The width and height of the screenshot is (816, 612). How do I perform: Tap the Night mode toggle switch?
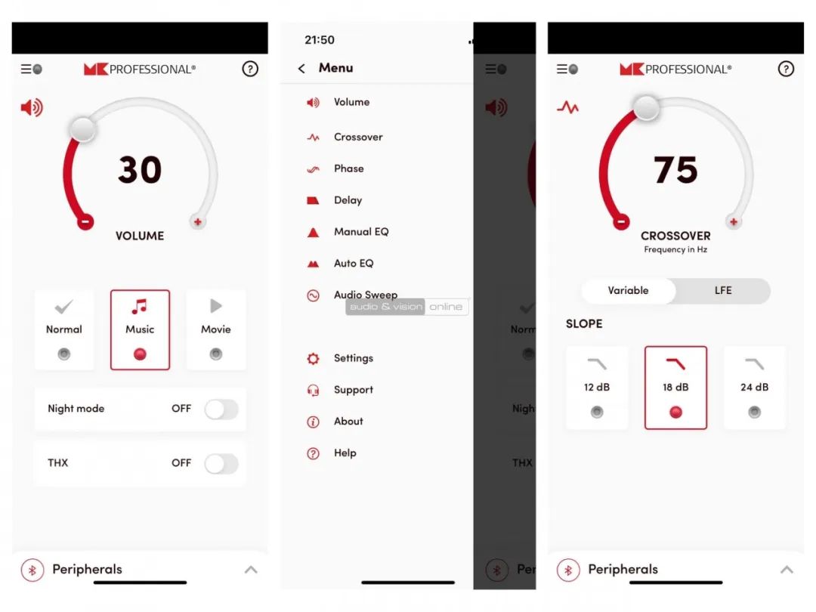221,409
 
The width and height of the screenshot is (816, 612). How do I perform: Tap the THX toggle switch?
221,463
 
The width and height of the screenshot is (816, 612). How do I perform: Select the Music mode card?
140,330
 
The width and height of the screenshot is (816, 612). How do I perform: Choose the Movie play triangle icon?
216,305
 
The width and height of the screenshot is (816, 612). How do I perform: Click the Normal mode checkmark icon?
63,307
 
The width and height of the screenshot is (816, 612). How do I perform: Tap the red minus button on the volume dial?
85,221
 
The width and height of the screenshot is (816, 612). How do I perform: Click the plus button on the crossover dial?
733,221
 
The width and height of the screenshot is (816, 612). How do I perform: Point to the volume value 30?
140,170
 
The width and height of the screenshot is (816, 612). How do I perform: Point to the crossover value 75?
675,170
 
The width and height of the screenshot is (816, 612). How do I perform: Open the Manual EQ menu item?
361,232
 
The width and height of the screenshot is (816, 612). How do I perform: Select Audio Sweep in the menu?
366,295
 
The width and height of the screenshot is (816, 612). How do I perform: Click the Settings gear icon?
313,358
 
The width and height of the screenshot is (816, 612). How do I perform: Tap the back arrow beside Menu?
301,68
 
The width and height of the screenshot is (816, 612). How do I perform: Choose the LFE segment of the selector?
723,290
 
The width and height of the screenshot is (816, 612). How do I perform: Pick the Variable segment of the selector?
628,290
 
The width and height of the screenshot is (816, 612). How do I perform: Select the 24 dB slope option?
754,388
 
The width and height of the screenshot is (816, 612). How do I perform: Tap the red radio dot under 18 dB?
675,413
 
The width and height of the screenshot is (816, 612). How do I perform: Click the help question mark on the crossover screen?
786,69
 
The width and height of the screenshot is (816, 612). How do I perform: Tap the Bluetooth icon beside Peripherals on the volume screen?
32,570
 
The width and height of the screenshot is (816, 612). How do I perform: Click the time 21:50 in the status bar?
320,40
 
